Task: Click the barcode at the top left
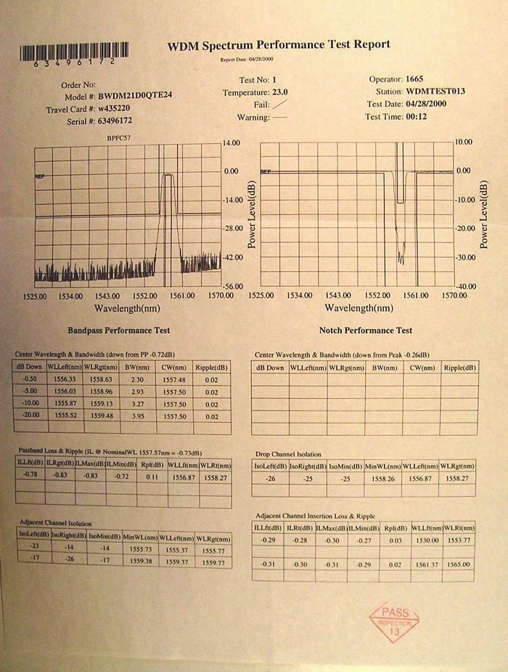point(74,52)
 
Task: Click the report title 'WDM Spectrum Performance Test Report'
point(279,45)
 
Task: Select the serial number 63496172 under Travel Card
point(115,120)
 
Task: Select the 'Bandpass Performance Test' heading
point(119,330)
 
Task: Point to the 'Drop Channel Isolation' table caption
point(287,454)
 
